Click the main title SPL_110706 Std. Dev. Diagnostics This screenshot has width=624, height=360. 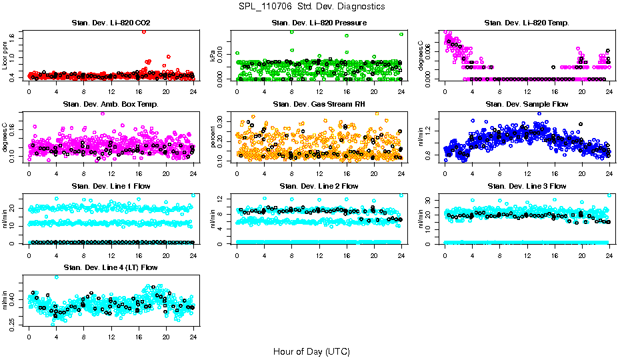pyautogui.click(x=311, y=7)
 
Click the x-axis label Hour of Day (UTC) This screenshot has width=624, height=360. pyautogui.click(x=311, y=351)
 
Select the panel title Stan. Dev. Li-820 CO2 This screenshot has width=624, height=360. pyautogui.click(x=111, y=23)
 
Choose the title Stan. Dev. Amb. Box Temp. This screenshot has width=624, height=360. pyautogui.click(x=111, y=105)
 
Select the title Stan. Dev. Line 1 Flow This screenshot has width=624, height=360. pyautogui.click(x=111, y=186)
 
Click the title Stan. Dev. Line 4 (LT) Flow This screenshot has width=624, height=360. pyautogui.click(x=111, y=267)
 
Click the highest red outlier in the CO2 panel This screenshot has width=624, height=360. pyautogui.click(x=144, y=31)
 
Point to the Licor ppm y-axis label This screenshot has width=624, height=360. pyautogui.click(x=5, y=55)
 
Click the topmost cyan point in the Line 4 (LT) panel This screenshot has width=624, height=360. pyautogui.click(x=57, y=277)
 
